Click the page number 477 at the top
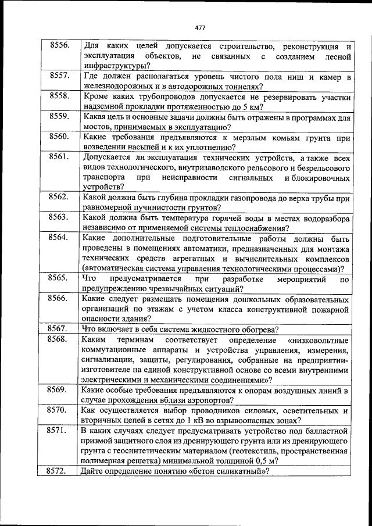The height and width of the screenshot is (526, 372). (x=200, y=27)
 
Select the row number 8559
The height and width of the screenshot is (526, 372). (x=60, y=117)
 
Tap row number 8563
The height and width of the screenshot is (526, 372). (x=60, y=218)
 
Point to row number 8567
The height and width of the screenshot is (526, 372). (x=60, y=328)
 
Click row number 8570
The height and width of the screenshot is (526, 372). (x=60, y=410)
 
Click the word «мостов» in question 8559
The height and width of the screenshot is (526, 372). (x=96, y=127)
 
